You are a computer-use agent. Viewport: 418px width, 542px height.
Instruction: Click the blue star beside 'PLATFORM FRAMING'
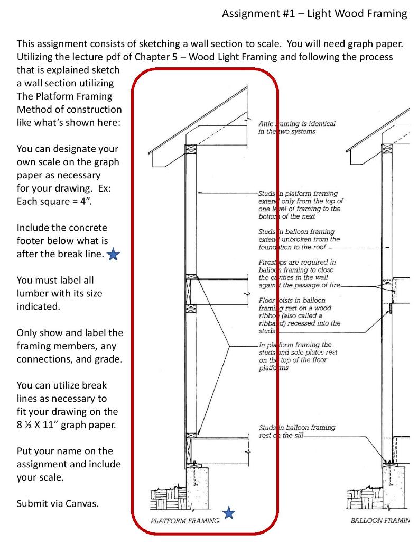[229, 512]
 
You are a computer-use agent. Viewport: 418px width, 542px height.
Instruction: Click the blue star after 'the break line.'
[113, 255]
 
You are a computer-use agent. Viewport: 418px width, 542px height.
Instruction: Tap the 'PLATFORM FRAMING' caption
[185, 521]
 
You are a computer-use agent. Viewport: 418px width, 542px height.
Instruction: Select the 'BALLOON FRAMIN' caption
[380, 521]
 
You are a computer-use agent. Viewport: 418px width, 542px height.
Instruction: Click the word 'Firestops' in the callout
[272, 263]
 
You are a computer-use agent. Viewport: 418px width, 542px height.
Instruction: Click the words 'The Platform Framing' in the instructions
[64, 96]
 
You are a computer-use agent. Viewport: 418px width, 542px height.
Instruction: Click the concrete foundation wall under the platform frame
[199, 484]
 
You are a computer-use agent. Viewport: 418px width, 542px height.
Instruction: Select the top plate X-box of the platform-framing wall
[190, 149]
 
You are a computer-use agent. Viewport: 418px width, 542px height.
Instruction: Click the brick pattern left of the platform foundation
[165, 498]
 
